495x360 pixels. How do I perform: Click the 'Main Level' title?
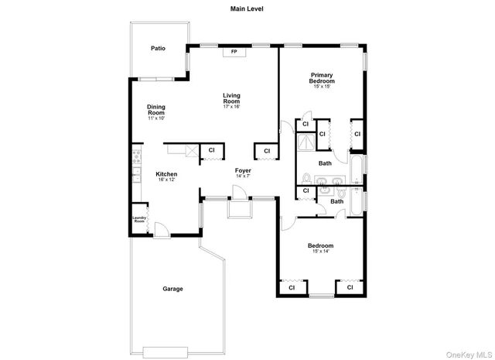[247, 9]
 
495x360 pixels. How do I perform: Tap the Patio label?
[158, 49]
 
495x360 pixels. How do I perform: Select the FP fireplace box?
[234, 53]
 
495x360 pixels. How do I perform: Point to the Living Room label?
[232, 98]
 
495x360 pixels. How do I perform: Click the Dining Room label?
[156, 110]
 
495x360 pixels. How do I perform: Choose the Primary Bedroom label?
[322, 77]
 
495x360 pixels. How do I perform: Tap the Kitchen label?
[166, 174]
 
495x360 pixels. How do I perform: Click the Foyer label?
[243, 170]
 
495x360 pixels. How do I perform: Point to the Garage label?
[172, 289]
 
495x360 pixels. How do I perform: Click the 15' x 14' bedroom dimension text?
[320, 252]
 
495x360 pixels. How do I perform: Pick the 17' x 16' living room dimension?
[232, 107]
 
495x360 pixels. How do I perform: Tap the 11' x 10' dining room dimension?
[156, 118]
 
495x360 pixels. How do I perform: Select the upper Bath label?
[325, 163]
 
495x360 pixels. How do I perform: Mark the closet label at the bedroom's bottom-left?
[292, 287]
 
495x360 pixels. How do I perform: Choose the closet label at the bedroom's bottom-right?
[350, 287]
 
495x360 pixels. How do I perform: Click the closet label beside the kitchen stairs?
[211, 150]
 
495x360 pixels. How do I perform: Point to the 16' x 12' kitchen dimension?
[166, 180]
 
